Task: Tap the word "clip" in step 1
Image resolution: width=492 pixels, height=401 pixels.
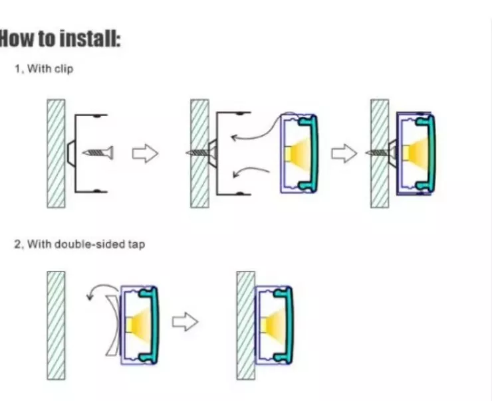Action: click(64, 68)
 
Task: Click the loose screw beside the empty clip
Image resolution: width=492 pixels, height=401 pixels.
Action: click(98, 153)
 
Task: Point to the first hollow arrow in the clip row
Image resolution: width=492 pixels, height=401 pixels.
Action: click(145, 153)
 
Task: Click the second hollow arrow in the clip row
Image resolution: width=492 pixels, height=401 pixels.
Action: click(344, 153)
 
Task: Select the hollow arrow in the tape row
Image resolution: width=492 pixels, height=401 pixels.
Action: click(185, 321)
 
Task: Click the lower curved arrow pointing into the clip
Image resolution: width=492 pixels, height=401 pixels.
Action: click(251, 172)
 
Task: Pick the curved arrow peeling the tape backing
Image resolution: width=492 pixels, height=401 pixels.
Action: click(101, 289)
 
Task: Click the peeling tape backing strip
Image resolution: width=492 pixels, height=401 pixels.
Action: click(112, 325)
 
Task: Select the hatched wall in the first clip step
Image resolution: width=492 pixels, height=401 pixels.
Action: click(56, 153)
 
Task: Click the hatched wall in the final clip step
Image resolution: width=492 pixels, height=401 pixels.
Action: click(380, 153)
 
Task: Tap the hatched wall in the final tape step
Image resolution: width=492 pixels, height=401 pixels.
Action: click(246, 325)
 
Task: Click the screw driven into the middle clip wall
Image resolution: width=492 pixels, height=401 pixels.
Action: click(201, 153)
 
